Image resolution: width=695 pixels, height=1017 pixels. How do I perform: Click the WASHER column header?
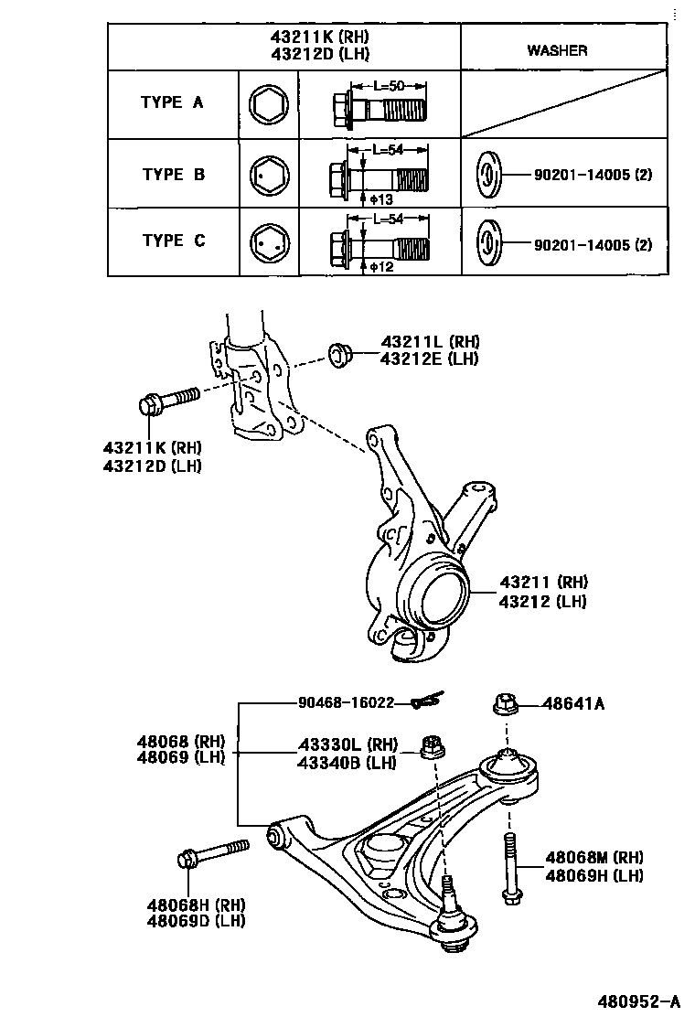[556, 50]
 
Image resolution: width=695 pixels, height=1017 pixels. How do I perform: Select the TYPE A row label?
[172, 102]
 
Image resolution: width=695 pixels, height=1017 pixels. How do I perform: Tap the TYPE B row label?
[173, 174]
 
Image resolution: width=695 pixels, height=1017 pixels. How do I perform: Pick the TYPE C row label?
[173, 241]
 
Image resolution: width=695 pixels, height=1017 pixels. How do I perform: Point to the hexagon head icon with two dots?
[269, 243]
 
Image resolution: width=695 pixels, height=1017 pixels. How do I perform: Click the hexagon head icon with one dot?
[269, 174]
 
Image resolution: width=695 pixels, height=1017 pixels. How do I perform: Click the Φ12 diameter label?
[381, 266]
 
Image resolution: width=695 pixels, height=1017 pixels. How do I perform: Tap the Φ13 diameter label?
[381, 198]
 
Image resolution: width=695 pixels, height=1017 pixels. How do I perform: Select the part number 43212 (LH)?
[543, 601]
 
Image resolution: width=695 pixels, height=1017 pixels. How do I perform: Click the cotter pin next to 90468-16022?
[426, 701]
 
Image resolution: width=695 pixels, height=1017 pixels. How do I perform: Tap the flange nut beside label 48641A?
[506, 704]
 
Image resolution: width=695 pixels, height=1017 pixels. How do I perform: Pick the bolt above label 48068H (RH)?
[212, 854]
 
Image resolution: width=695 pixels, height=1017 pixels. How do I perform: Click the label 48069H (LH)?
[593, 875]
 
